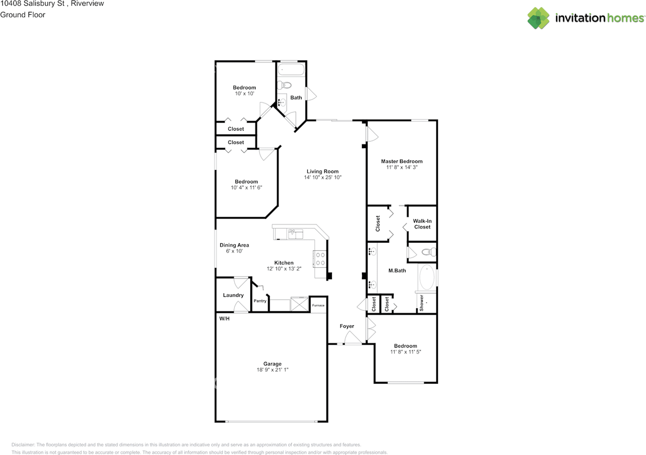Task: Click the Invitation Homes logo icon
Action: click(x=539, y=18)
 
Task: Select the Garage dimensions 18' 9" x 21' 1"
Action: click(x=272, y=370)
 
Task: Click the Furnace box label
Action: click(x=318, y=306)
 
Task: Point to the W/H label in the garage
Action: click(x=225, y=319)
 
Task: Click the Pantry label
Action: click(x=260, y=301)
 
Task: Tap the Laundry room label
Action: click(x=233, y=295)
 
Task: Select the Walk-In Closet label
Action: click(x=422, y=224)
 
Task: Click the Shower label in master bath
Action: click(x=422, y=303)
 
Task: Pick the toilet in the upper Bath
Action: click(x=285, y=85)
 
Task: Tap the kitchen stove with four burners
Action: click(x=320, y=259)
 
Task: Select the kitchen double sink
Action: click(x=295, y=234)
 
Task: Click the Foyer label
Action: click(x=347, y=326)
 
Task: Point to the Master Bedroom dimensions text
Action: click(x=401, y=167)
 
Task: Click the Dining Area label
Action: click(x=234, y=245)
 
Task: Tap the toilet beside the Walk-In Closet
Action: click(x=428, y=252)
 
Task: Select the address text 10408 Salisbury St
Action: click(x=30, y=4)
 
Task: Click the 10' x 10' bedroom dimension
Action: click(x=244, y=94)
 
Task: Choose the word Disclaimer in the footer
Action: click(x=23, y=445)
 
